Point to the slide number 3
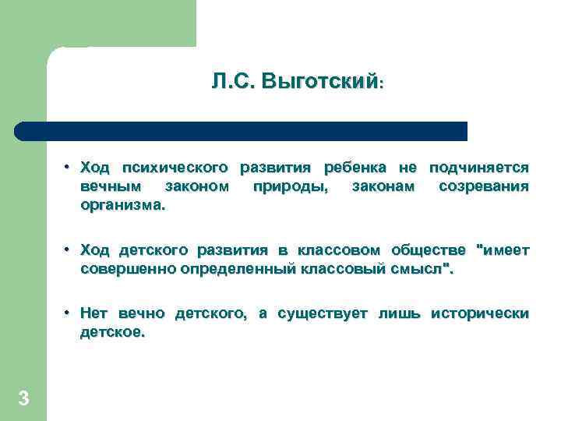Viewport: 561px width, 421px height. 23,399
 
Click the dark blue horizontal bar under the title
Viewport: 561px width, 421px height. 242,131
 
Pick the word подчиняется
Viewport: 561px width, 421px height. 479,168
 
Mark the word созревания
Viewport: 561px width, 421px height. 484,187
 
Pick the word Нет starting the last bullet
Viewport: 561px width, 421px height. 94,313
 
